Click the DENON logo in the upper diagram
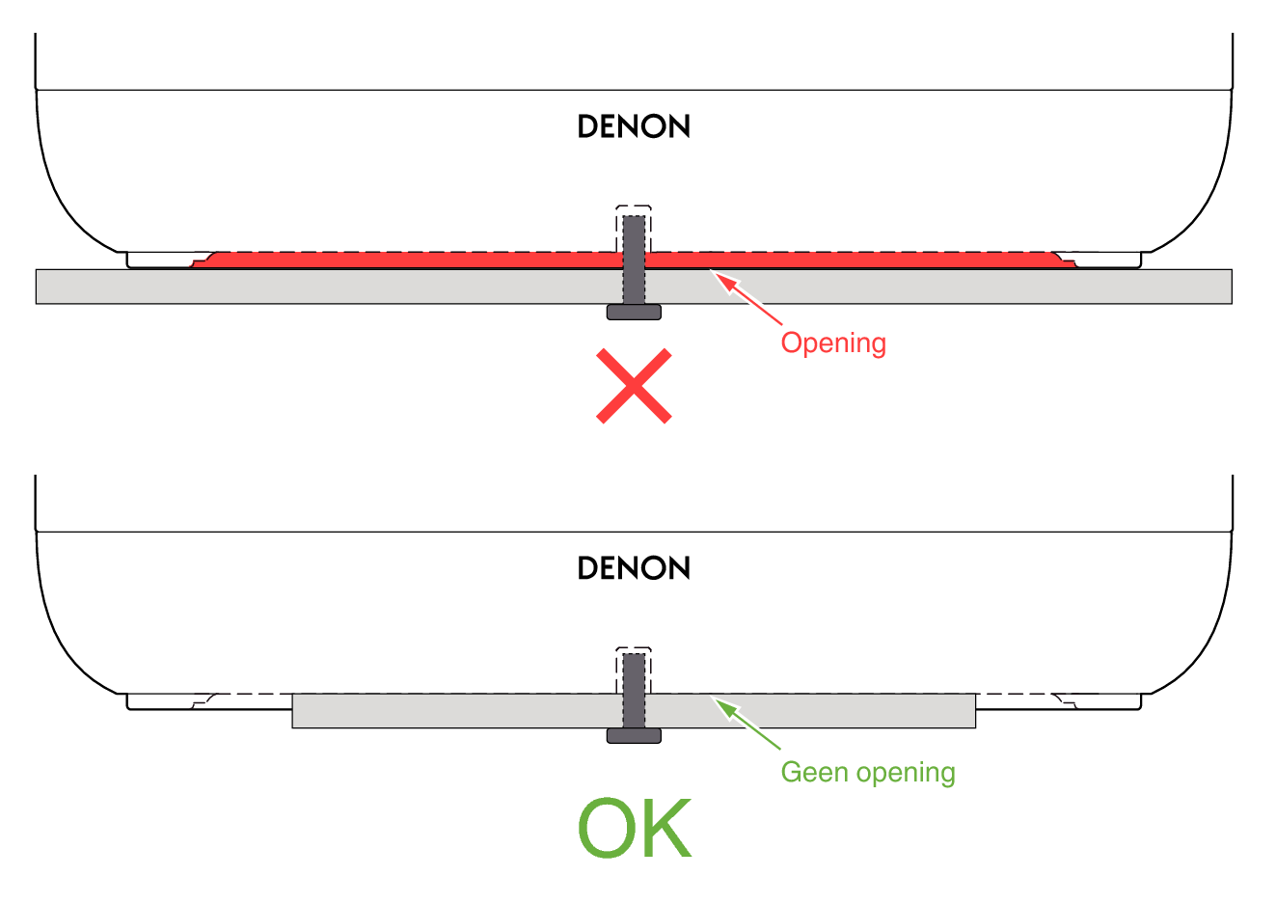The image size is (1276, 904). (x=634, y=126)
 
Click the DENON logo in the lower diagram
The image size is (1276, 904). (x=634, y=567)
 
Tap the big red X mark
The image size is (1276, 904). (x=634, y=386)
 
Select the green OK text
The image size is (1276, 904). (x=635, y=827)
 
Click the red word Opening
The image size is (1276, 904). (x=833, y=343)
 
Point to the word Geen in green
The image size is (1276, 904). (x=815, y=773)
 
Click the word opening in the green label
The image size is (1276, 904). (x=906, y=774)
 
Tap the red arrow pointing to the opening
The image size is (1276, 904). (x=747, y=298)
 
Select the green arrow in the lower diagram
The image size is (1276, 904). (x=747, y=724)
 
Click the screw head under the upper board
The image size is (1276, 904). (x=634, y=312)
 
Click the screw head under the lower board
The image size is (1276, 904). (x=634, y=735)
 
